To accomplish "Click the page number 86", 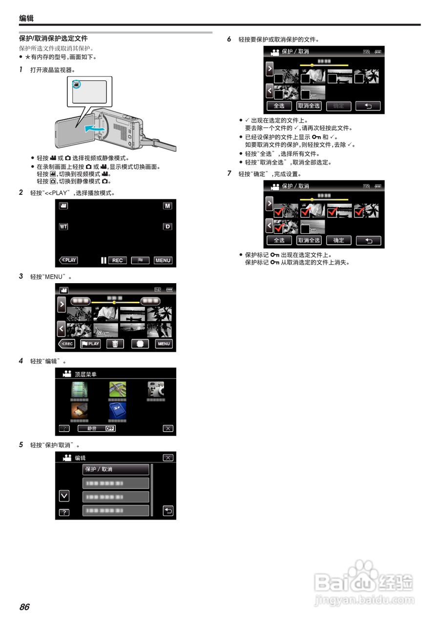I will pos(24,607).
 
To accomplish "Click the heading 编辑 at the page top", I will pos(26,19).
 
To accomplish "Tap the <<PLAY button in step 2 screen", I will pos(68,260).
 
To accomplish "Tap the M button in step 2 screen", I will pos(168,206).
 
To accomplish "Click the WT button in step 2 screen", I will pos(63,227).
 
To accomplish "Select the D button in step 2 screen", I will pos(168,227).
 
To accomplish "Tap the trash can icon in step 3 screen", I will pos(115,344).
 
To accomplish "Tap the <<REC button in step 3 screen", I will pos(67,344).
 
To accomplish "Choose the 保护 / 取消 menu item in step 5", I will pos(116,469).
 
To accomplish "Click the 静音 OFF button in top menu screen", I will pos(97,428).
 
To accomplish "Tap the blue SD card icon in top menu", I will pos(117,410).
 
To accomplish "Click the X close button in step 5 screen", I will pos(168,458).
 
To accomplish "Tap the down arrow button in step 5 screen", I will pos(63,496).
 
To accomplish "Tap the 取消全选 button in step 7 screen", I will pos(309,240).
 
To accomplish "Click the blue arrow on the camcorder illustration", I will pos(94,128).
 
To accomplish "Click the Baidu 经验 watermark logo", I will pos(364,583).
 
